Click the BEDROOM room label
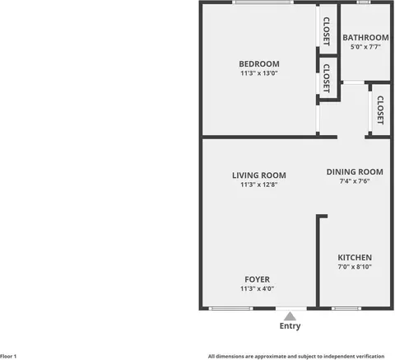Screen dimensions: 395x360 pyautogui.click(x=259, y=64)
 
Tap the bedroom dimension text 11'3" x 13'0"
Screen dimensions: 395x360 pyautogui.click(x=259, y=73)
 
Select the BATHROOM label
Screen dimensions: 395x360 pyautogui.click(x=365, y=38)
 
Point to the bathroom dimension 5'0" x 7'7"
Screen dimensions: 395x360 pyautogui.click(x=365, y=47)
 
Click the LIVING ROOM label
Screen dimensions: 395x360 pyautogui.click(x=259, y=175)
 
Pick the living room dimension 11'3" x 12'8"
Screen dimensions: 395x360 pyautogui.click(x=259, y=185)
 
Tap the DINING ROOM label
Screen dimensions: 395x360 pyautogui.click(x=355, y=172)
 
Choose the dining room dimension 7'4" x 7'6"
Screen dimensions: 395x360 pyautogui.click(x=355, y=181)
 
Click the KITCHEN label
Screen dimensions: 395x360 pyautogui.click(x=355, y=258)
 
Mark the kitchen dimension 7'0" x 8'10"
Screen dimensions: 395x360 pyautogui.click(x=355, y=267)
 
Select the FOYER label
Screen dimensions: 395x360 pyautogui.click(x=257, y=279)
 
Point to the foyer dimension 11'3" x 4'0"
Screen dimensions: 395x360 pyautogui.click(x=257, y=288)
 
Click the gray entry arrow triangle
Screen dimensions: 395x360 pyautogui.click(x=290, y=317)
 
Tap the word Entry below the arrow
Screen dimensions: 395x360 pyautogui.click(x=290, y=326)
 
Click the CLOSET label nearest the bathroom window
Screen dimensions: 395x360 pyautogui.click(x=327, y=31)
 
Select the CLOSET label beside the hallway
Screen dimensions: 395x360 pyautogui.click(x=380, y=110)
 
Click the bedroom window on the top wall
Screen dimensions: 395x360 pyautogui.click(x=263, y=2)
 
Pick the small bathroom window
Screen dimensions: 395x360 pyautogui.click(x=364, y=2)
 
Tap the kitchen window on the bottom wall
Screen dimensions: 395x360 pyautogui.click(x=346, y=309)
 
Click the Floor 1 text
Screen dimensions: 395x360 pyautogui.click(x=8, y=357)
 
